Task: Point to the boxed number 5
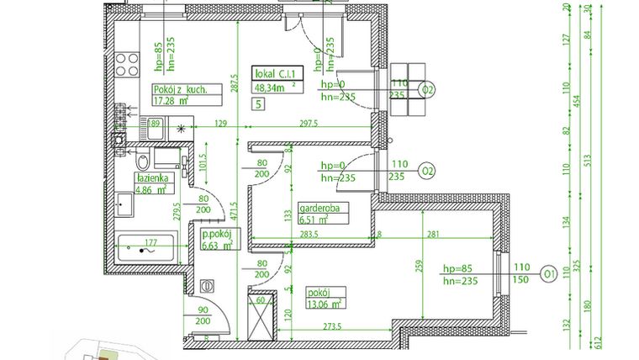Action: pyautogui.click(x=260, y=104)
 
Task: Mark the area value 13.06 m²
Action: pyautogui.click(x=324, y=304)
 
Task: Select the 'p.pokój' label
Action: pyautogui.click(x=216, y=235)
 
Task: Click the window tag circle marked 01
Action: pyautogui.click(x=547, y=273)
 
